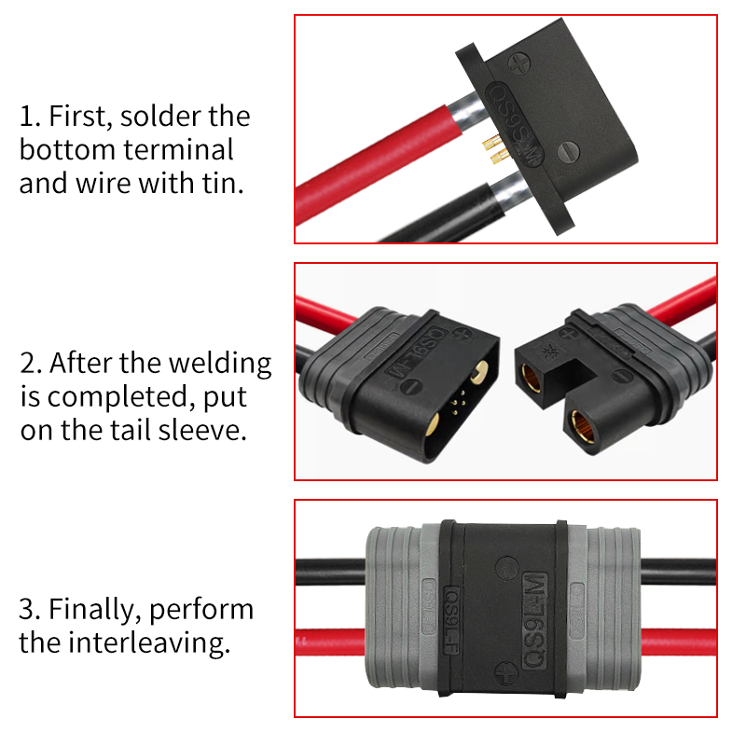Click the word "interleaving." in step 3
[x=149, y=642]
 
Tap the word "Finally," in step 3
[x=95, y=611]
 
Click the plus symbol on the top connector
[x=518, y=62]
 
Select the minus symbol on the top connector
[x=568, y=152]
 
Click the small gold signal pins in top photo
[x=493, y=148]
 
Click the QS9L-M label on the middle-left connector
[x=416, y=352]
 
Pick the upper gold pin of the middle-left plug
[x=479, y=371]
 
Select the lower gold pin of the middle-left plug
[x=433, y=424]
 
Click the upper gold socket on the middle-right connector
[x=532, y=378]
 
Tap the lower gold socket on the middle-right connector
[x=584, y=427]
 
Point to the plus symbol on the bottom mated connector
[x=505, y=672]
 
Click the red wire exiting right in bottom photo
[x=679, y=642]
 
